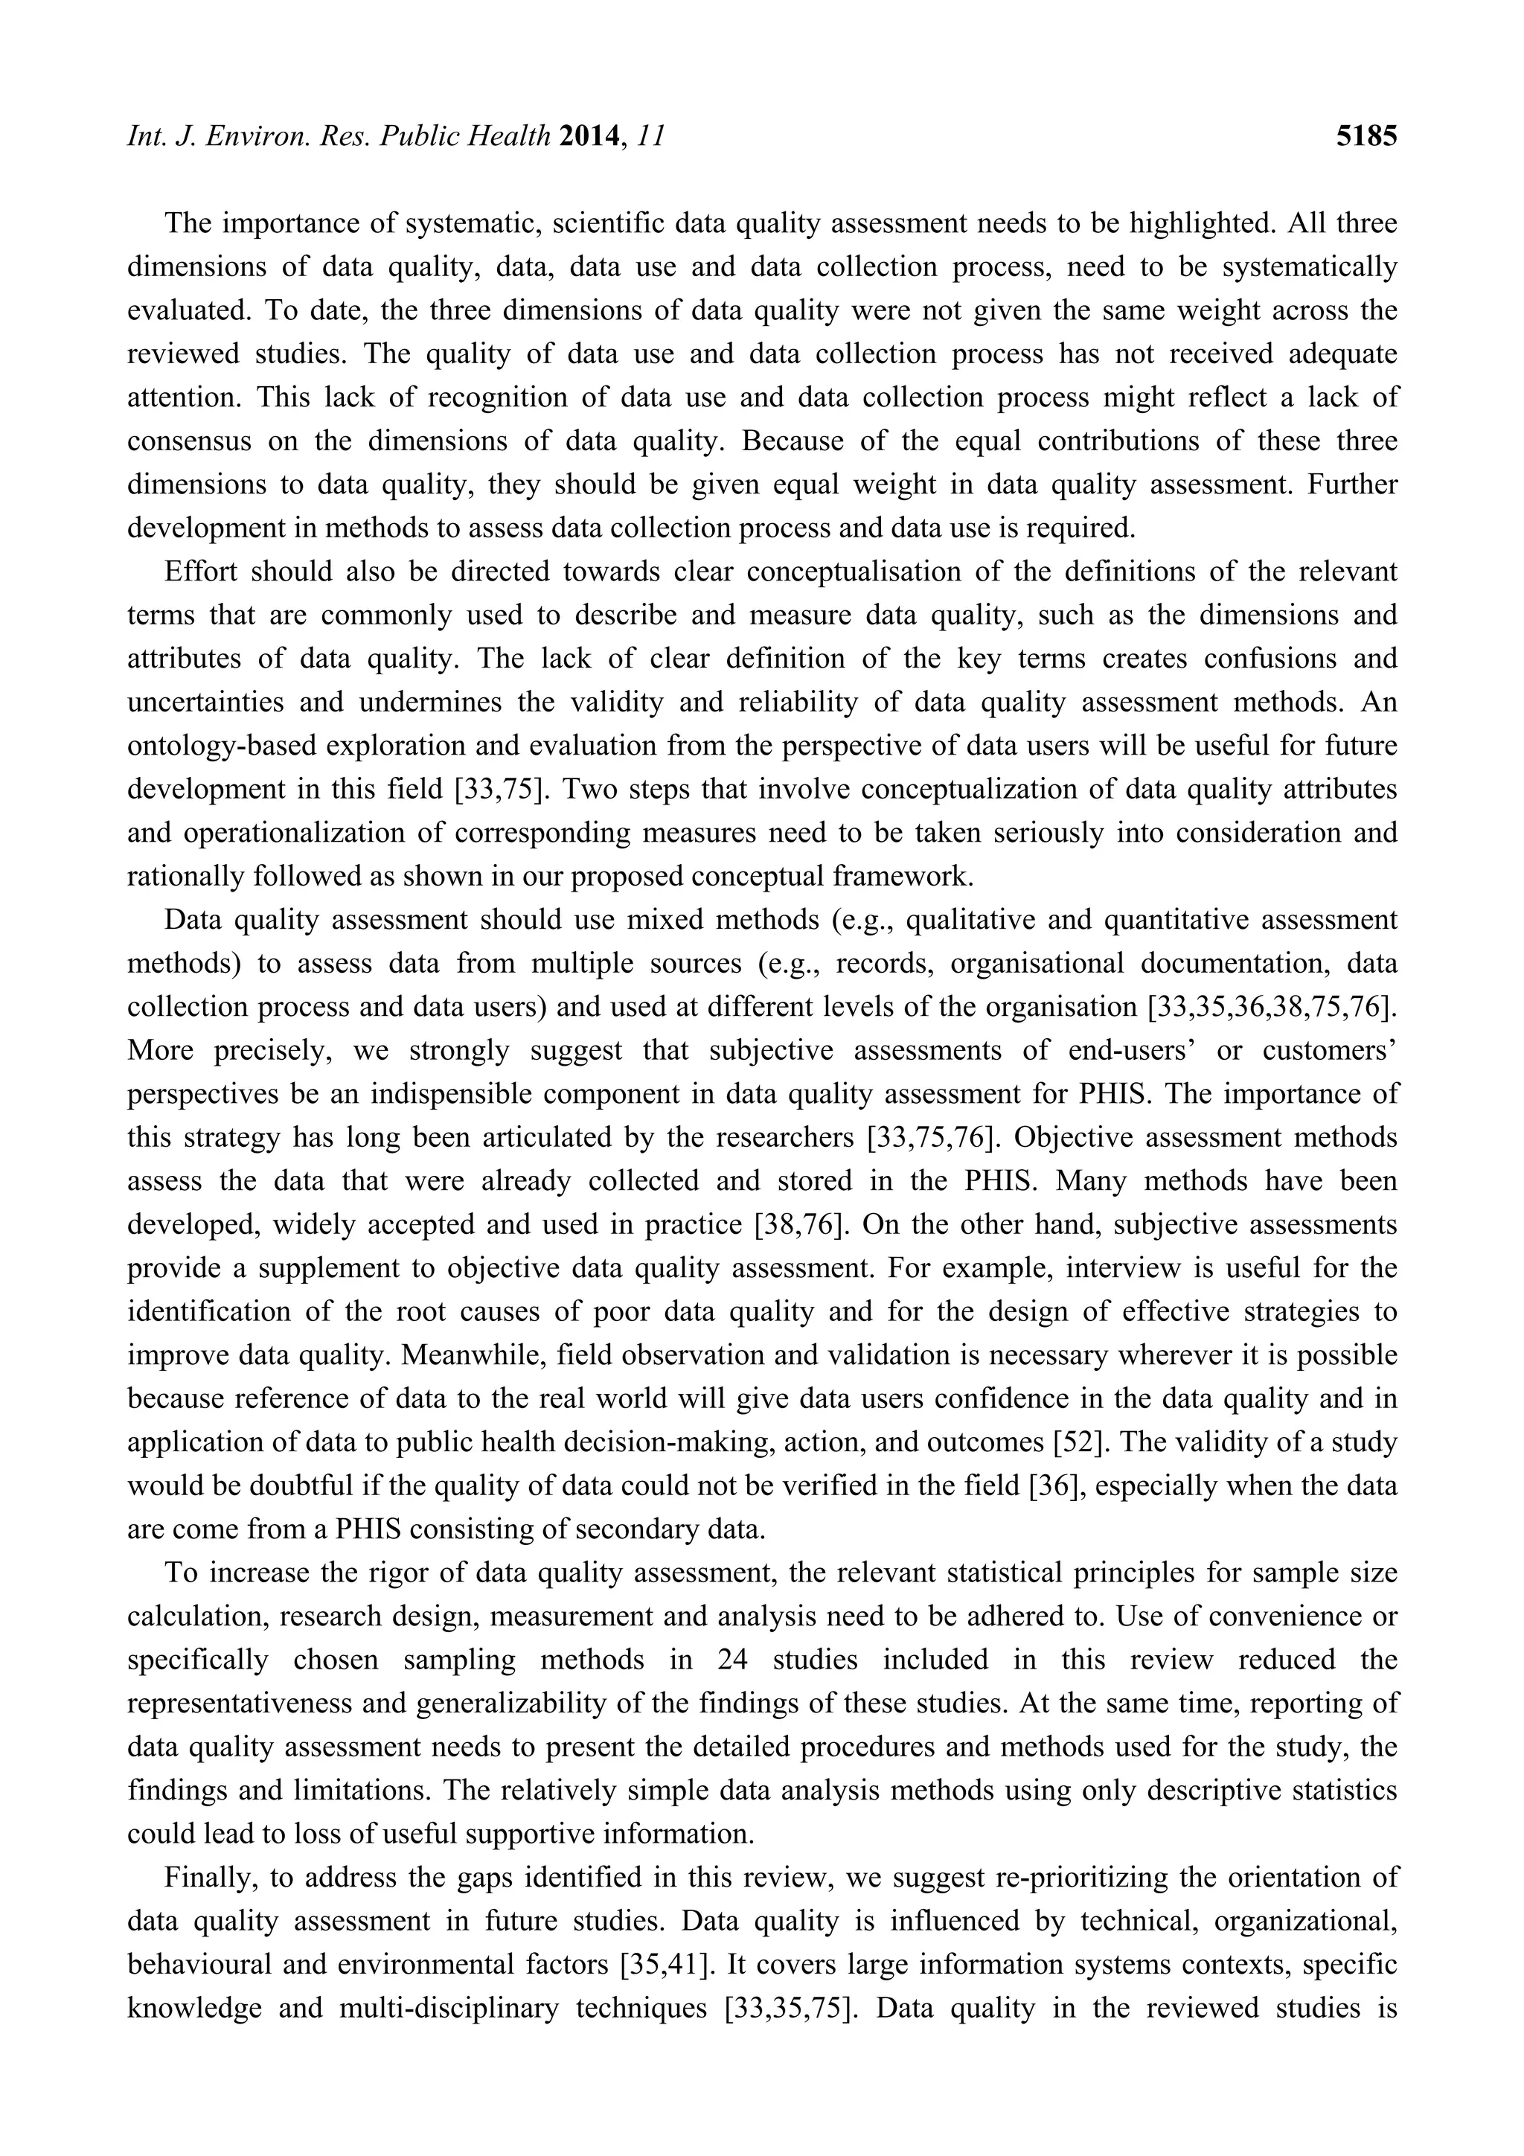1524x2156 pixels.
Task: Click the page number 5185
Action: [x=1366, y=138]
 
